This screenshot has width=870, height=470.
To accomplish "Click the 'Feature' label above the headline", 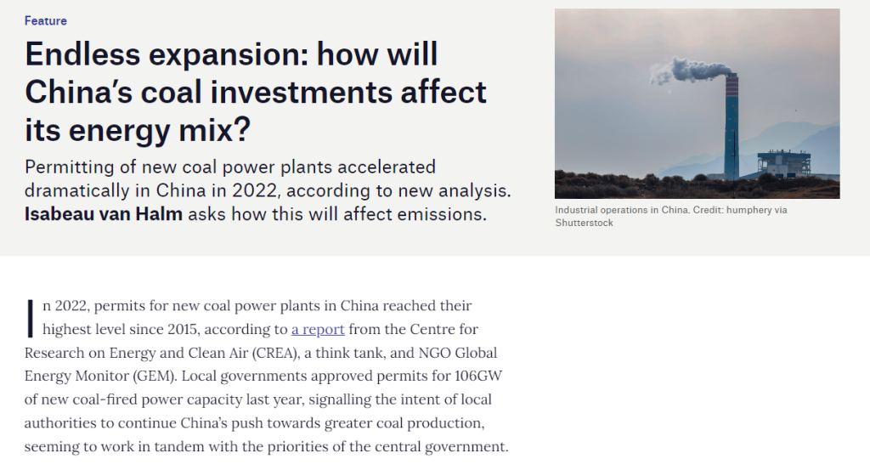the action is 46,21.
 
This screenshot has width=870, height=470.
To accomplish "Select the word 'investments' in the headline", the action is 301,92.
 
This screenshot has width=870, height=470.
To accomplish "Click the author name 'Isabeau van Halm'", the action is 103,214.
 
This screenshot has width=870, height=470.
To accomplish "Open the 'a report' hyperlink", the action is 318,329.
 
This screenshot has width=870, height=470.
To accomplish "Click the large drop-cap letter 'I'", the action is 31,319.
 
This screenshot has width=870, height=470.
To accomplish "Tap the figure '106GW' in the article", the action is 478,376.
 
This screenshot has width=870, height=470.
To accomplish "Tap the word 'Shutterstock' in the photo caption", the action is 585,223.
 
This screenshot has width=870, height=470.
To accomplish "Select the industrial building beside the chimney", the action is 783,162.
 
